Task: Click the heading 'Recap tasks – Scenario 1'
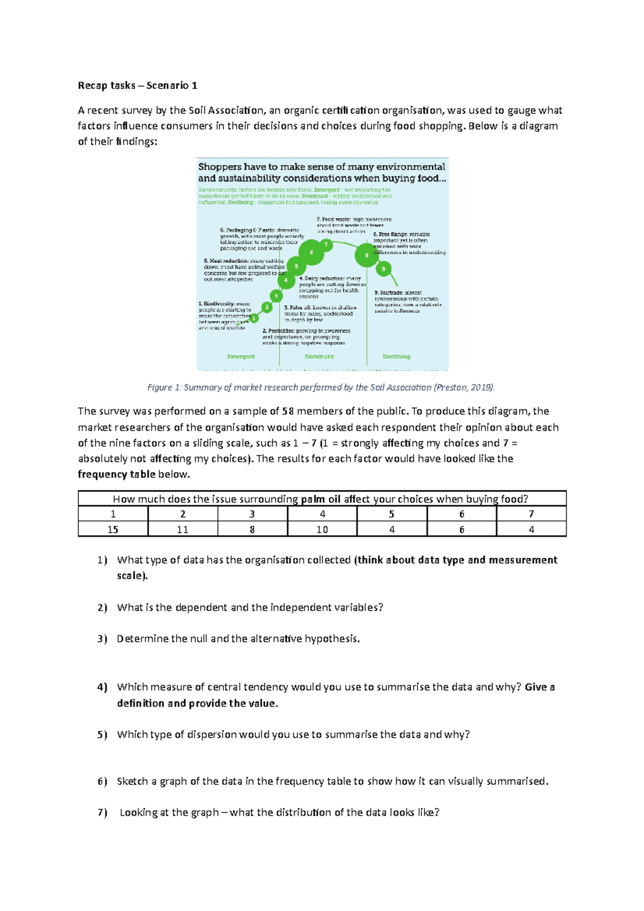coord(137,85)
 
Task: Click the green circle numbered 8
coord(367,255)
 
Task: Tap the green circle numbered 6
coord(312,252)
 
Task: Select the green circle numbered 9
coord(383,269)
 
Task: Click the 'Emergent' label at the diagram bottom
coord(241,356)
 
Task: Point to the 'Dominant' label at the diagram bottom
coord(319,356)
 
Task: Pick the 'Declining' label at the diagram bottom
coord(396,356)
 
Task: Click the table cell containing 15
coord(113,530)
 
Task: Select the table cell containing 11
coord(182,530)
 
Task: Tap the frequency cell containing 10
coord(322,530)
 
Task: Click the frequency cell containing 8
coord(252,530)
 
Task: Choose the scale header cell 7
coord(531,514)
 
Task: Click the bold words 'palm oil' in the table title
coord(320,499)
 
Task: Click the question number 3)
coord(103,639)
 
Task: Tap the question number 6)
coord(103,782)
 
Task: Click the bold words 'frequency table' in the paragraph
coord(116,474)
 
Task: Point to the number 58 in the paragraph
coord(288,412)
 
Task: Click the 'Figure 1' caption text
coord(321,387)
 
